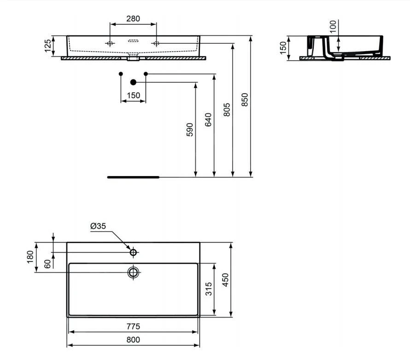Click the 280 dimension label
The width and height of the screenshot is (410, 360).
pos(133,18)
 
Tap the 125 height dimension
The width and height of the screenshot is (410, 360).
pos(47,46)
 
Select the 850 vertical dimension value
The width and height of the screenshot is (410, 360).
pos(245,100)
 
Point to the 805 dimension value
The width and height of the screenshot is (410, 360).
pos(227,110)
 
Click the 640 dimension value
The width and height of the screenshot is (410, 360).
pos(208,119)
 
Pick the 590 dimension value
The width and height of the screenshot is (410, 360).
pos(190,130)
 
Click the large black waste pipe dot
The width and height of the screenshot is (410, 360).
pos(133,82)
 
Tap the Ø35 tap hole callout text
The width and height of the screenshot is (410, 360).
pos(98,226)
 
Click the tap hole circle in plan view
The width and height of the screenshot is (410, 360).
pos(133,253)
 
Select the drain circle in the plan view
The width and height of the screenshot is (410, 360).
pos(133,272)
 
